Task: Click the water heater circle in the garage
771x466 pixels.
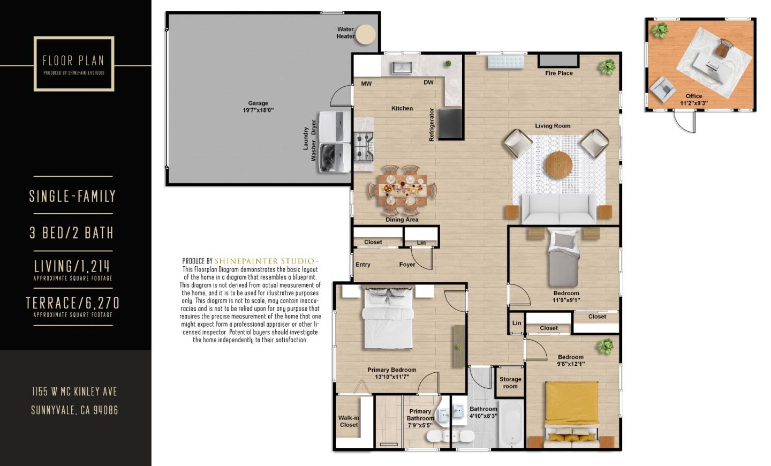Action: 366,34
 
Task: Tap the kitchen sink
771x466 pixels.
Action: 401,67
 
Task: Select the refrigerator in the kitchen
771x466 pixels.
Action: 450,123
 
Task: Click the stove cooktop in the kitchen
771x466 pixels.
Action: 364,145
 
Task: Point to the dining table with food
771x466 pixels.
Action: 402,189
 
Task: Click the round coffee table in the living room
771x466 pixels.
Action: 558,163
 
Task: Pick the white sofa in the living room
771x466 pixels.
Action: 559,209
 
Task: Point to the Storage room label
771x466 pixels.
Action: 510,382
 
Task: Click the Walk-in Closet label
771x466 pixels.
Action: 349,422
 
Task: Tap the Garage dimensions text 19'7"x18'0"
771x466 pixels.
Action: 258,110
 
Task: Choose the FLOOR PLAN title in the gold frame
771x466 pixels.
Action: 73,61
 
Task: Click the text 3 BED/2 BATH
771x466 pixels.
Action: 72,233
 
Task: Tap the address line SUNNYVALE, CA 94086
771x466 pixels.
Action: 74,410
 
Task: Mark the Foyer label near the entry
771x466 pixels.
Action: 407,265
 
